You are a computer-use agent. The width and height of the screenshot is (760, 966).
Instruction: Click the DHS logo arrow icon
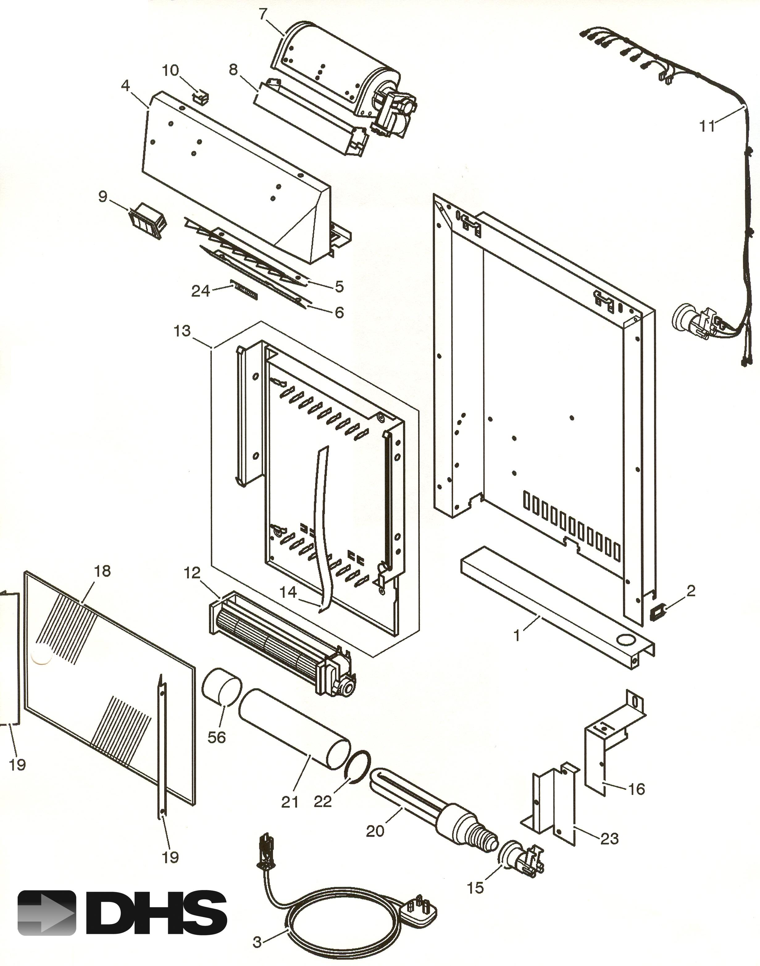tap(47, 913)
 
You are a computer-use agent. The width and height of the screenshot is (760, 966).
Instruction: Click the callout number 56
tap(217, 737)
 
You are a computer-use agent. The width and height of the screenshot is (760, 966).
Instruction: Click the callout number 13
tap(182, 331)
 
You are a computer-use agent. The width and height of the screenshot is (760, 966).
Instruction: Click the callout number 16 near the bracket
tap(636, 789)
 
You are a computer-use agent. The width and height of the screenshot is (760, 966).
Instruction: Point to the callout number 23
tap(610, 839)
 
